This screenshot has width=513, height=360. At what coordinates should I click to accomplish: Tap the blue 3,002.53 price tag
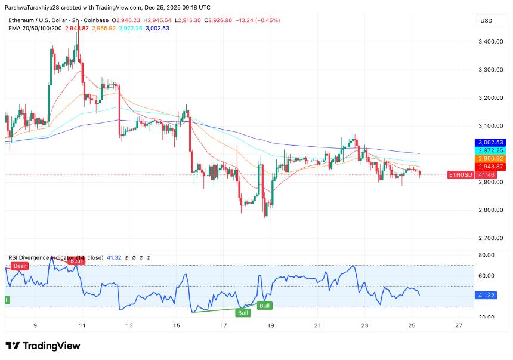489,143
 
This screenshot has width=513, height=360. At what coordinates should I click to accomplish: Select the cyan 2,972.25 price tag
489,150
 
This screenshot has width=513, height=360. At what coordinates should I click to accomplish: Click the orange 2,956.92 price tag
489,159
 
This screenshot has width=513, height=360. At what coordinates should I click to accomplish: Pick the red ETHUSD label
459,175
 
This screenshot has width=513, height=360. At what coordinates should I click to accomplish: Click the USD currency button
486,21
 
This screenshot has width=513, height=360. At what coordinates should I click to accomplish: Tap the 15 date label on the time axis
177,325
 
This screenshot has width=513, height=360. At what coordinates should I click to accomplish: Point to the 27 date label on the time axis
458,325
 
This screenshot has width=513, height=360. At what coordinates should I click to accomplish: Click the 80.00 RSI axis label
486,255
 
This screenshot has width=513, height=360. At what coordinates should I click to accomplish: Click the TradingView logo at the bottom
43,346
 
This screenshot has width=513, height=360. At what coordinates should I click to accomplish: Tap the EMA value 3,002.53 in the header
157,29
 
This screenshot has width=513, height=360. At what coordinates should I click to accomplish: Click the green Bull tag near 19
265,306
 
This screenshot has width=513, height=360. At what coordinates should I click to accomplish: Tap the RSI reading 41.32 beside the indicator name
113,257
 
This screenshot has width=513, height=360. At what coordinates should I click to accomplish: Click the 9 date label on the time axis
35,325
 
